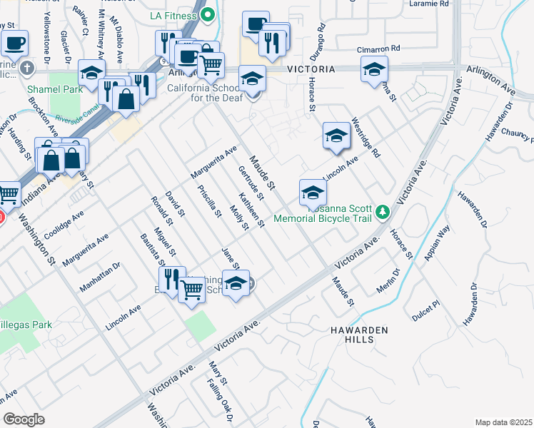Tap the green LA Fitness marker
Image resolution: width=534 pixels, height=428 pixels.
[x=208, y=14]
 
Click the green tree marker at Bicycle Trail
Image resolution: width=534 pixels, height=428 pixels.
[x=383, y=212]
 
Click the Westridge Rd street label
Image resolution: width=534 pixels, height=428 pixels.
[x=366, y=138]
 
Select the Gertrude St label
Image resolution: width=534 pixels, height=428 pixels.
[x=251, y=182]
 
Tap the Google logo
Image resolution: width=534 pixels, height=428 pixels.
[x=24, y=419]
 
